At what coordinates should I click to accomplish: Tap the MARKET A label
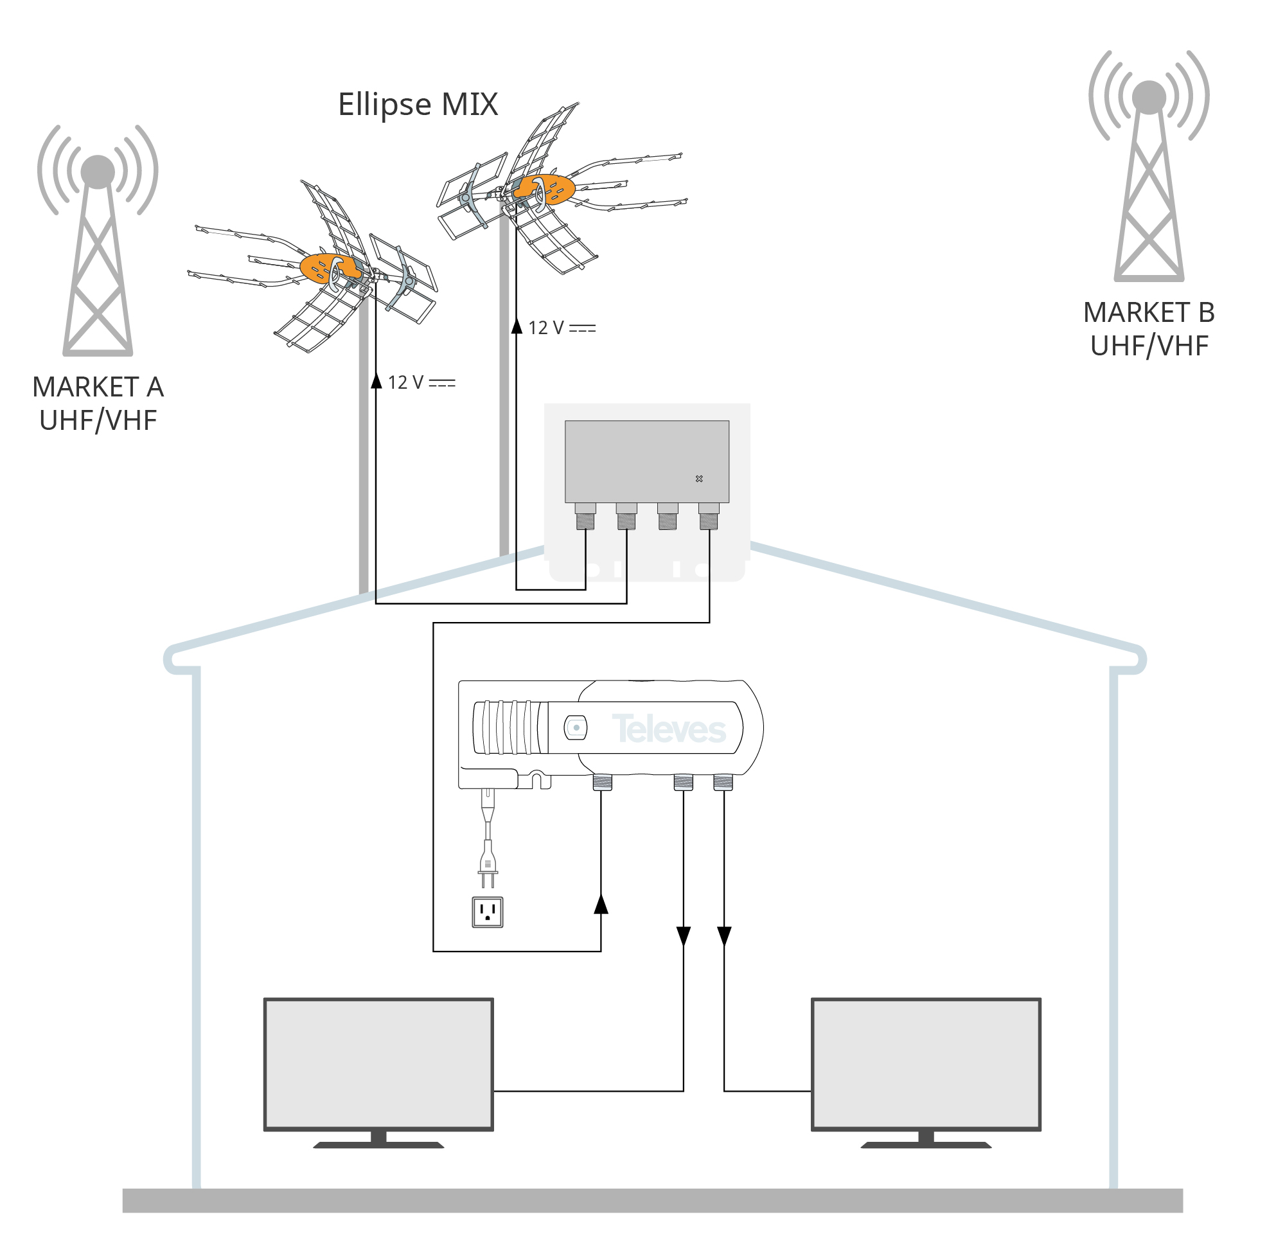98,387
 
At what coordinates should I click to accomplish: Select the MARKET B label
1148,312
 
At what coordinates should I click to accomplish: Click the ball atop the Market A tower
98,172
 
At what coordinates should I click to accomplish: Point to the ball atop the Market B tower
1148,98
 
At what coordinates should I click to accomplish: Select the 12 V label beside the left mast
421,382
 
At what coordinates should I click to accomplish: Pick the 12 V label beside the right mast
562,328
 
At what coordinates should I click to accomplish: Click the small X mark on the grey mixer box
699,479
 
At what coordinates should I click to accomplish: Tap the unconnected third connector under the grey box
667,517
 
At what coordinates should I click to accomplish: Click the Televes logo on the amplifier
668,729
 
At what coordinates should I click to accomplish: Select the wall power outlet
488,912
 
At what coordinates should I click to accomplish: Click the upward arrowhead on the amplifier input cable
601,905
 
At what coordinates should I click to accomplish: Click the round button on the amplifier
576,727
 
